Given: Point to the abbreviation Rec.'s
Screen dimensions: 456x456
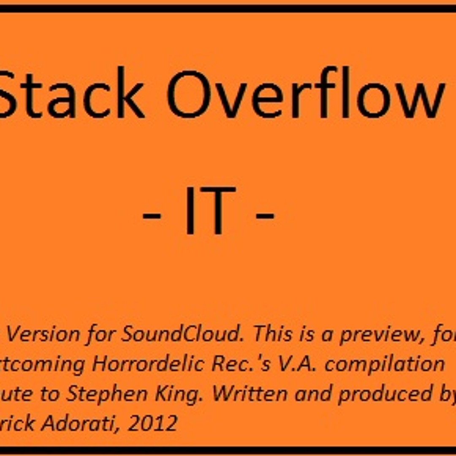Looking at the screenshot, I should pos(240,364).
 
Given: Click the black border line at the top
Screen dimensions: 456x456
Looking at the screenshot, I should pos(228,8).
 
